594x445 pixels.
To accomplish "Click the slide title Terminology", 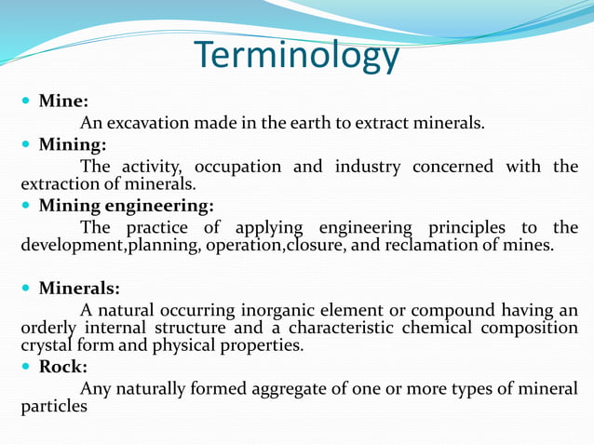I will pyautogui.click(x=297, y=56).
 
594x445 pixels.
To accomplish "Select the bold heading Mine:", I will pyautogui.click(x=63, y=101).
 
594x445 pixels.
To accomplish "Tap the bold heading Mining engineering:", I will pyautogui.click(x=126, y=206).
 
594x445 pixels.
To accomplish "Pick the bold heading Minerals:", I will pyautogui.click(x=78, y=289).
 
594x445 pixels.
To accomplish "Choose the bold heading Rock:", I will pyautogui.click(x=62, y=367).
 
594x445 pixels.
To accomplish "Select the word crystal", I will pyautogui.click(x=44, y=345).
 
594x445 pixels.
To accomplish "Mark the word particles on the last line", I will pyautogui.click(x=54, y=407).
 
